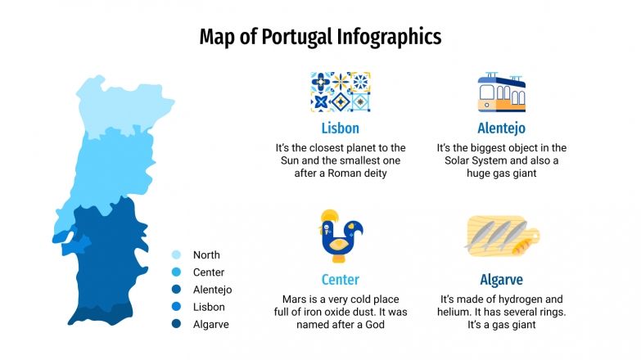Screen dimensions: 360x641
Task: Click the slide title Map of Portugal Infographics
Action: pos(320,37)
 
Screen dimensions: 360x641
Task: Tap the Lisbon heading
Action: pos(340,128)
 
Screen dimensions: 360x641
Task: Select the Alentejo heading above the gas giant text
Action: pos(501,128)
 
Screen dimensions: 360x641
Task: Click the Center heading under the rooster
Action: pos(340,280)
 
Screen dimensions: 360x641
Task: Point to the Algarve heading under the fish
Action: pos(501,280)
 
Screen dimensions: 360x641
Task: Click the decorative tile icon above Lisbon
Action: pos(340,92)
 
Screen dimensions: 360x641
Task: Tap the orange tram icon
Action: pos(501,92)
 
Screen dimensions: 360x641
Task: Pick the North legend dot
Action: pos(176,254)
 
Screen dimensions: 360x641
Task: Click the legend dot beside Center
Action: pos(176,272)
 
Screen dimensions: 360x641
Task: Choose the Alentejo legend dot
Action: pos(176,290)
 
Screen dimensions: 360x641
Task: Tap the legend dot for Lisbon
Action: pos(176,307)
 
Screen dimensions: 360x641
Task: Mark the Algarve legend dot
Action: pos(176,324)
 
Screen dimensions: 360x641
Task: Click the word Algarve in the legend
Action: pos(210,324)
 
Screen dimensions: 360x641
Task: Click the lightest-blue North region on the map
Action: pos(123,106)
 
